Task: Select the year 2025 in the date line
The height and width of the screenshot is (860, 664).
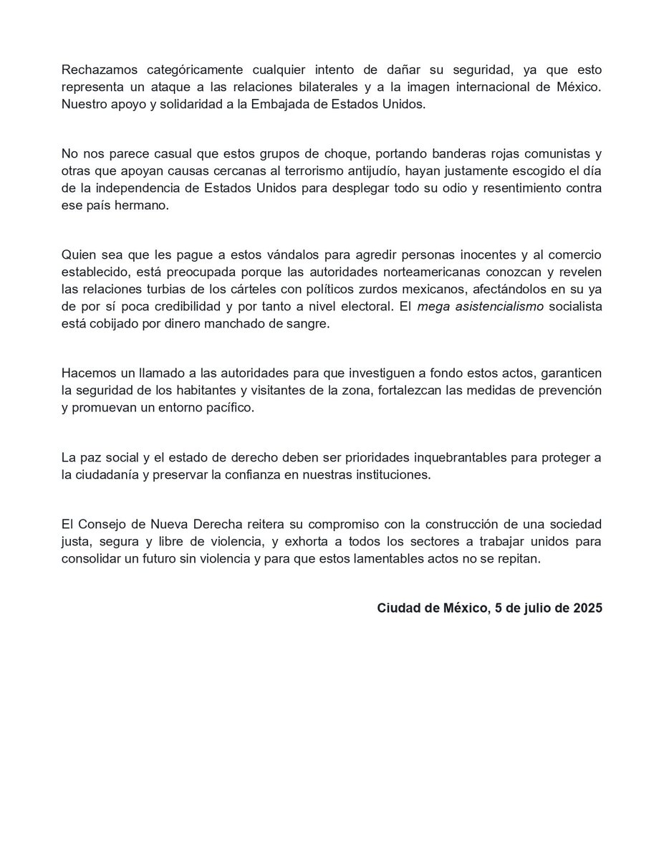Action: [587, 608]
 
